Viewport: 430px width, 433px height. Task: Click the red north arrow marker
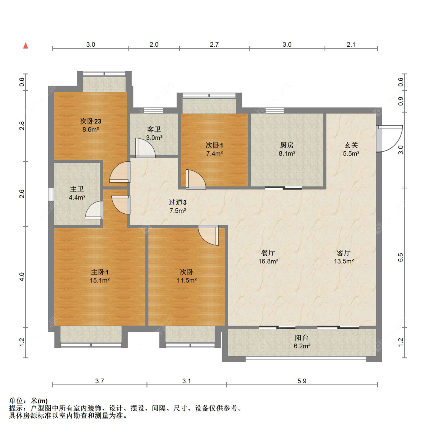coord(26,45)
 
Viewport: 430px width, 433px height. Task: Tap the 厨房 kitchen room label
coord(287,145)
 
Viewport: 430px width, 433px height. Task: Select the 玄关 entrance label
coord(351,145)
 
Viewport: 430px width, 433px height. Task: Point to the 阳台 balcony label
coord(302,337)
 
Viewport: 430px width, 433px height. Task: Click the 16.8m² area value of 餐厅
coord(268,261)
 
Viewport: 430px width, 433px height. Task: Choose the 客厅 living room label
coord(344,253)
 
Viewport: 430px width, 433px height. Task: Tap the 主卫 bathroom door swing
coord(95,211)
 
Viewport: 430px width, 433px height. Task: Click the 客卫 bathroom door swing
coord(145,148)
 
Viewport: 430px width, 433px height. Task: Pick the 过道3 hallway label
coord(178,202)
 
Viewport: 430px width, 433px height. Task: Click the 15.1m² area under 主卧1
coord(100,281)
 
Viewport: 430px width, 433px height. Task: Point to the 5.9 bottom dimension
coord(302,381)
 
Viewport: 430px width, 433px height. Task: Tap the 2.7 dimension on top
coord(214,44)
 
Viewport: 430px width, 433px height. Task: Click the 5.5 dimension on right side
coord(401,258)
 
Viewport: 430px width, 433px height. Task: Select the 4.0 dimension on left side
coord(22,277)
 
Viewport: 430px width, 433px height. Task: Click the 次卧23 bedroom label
coord(91,121)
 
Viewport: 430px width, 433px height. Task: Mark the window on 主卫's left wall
coord(51,194)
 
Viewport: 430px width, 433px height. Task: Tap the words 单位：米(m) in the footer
coord(28,401)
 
